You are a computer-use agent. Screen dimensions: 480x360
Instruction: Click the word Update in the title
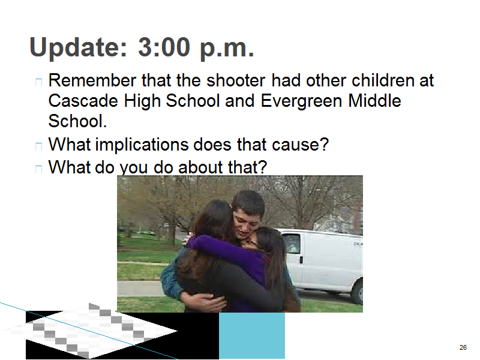[x=78, y=48]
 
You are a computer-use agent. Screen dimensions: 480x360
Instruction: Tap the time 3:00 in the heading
[x=164, y=47]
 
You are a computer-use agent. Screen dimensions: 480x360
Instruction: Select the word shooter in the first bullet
[x=236, y=80]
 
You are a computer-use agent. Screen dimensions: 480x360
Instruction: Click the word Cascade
[x=83, y=101]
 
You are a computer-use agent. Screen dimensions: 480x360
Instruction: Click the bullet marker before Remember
[x=38, y=82]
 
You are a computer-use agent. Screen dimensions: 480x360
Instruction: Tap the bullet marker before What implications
[x=38, y=146]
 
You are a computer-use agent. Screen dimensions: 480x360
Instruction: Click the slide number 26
[x=463, y=347]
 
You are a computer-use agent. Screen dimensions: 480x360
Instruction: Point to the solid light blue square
[x=252, y=335]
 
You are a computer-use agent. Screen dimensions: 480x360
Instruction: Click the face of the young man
[x=246, y=223]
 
